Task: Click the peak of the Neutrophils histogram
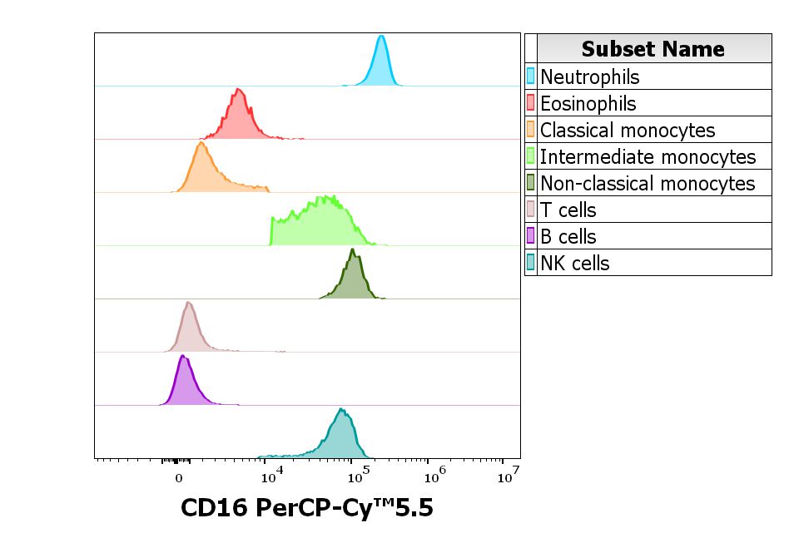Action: pos(381,37)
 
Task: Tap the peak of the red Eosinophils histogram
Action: pos(238,89)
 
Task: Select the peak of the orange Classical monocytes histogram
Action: pos(201,143)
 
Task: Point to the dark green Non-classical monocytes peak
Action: pos(352,249)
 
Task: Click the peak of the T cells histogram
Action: pos(189,303)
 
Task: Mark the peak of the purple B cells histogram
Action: pos(182,357)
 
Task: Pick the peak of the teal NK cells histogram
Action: pos(340,409)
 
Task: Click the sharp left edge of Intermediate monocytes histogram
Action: pos(271,230)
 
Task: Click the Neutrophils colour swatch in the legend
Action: pos(531,77)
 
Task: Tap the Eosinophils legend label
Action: pos(588,104)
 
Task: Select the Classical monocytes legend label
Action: pos(628,131)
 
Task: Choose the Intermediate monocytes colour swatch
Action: pos(531,157)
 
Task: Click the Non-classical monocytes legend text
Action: pos(648,184)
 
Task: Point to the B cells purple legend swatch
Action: pos(531,237)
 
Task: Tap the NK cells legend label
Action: pos(575,264)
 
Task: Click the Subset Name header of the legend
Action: pos(653,48)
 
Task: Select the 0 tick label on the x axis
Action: pos(179,479)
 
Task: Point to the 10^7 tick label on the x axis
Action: pos(509,477)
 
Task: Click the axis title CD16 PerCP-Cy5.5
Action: pos(307,508)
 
